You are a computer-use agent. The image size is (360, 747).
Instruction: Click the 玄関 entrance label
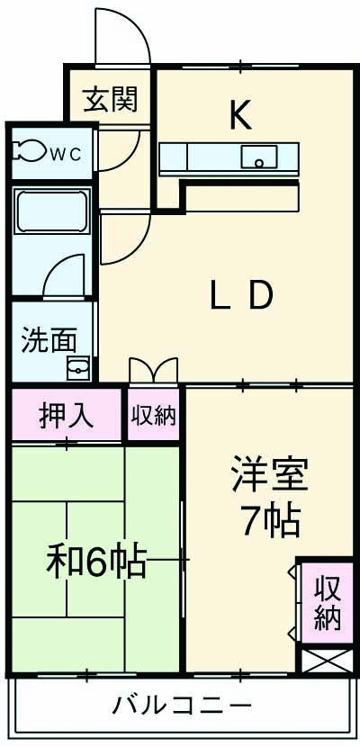tap(112, 100)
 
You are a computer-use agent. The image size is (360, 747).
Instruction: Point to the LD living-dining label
tap(240, 294)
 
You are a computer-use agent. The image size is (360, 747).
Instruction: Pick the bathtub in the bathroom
tap(52, 212)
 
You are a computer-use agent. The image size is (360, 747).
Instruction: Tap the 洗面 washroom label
tap(49, 340)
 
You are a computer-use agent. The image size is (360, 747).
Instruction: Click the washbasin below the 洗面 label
tap(78, 367)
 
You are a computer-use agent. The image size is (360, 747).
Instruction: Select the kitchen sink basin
tap(260, 158)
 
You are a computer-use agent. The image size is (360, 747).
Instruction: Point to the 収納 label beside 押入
tap(154, 417)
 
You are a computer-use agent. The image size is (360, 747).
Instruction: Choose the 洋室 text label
tap(269, 474)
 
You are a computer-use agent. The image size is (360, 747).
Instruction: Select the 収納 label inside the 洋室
tap(327, 604)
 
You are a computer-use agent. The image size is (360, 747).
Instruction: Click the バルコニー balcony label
tap(181, 704)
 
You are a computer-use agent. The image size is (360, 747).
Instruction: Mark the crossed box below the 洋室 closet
tap(323, 661)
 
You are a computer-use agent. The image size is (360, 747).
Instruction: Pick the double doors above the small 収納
tap(153, 371)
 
